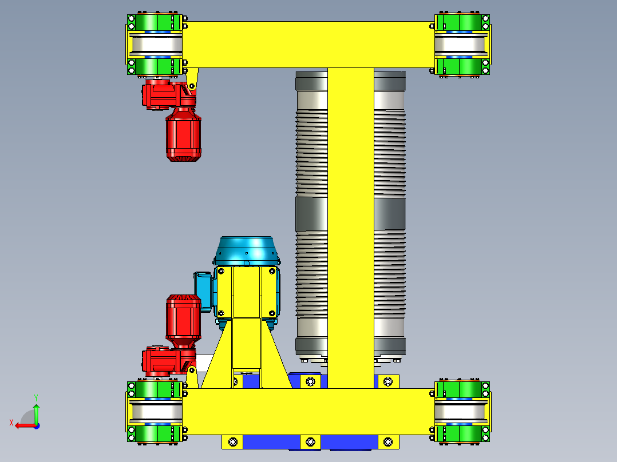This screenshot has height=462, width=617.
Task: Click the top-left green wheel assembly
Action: tap(155, 45)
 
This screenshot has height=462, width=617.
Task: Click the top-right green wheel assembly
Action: tap(462, 45)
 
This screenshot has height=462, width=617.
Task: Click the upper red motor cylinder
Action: tap(183, 137)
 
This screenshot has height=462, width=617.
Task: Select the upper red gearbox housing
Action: tap(163, 95)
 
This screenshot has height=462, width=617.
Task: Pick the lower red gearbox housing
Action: tap(162, 361)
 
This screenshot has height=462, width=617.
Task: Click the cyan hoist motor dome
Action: tap(246, 250)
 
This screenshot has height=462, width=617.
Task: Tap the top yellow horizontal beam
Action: tap(309, 44)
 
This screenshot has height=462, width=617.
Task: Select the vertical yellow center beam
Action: tap(350, 229)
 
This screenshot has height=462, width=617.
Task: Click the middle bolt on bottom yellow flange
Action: tap(310, 441)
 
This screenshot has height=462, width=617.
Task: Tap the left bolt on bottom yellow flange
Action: tap(232, 441)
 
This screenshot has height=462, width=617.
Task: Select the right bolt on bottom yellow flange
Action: tap(388, 441)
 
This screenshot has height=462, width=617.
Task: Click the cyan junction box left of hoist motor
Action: tap(203, 290)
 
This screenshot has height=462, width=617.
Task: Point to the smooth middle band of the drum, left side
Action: tap(311, 213)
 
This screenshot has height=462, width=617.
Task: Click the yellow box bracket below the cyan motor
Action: tap(246, 292)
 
